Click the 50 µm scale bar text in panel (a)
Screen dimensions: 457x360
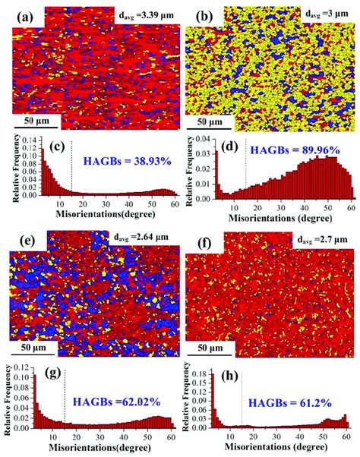point(37,120)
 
